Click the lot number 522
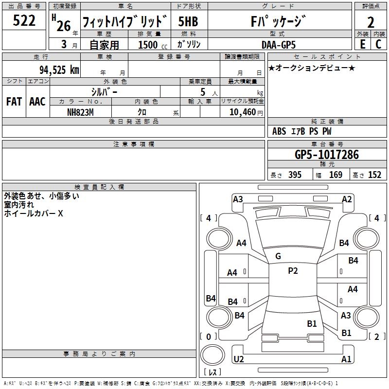(x=24, y=21)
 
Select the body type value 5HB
(x=188, y=21)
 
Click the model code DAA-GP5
(x=278, y=44)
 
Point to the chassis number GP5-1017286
(x=326, y=155)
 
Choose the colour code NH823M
(x=81, y=111)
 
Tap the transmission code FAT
(x=14, y=101)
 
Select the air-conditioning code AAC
(x=37, y=101)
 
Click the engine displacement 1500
(x=148, y=45)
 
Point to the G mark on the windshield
(x=278, y=256)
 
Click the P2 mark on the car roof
(x=293, y=271)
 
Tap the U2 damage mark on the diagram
(x=238, y=359)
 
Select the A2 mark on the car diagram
(x=347, y=199)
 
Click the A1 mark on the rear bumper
(x=346, y=359)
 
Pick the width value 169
(x=336, y=175)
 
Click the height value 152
(x=374, y=175)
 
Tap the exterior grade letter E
(x=362, y=44)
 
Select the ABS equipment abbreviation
(x=279, y=131)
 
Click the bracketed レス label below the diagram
(x=212, y=372)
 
